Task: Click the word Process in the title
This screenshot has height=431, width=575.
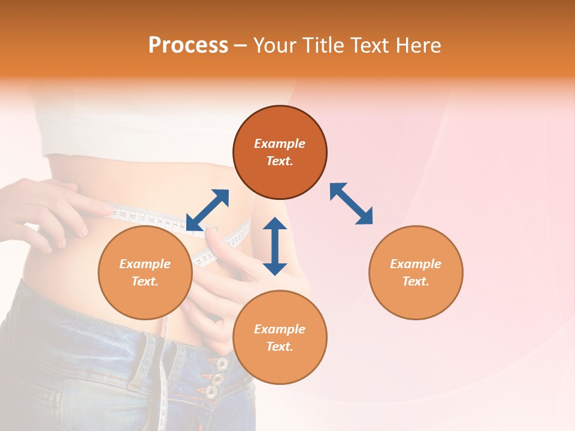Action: coord(188,45)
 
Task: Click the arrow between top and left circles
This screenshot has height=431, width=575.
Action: coord(207,210)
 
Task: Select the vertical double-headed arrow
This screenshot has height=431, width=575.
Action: coord(275,246)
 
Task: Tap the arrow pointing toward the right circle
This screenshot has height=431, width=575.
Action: coord(351,204)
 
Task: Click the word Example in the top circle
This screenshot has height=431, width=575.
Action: coord(280,144)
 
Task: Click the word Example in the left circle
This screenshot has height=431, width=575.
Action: coord(145,264)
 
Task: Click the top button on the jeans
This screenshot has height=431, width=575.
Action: coord(222,363)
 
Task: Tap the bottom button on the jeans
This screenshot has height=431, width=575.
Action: coord(211,392)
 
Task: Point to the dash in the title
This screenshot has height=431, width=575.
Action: coord(241,45)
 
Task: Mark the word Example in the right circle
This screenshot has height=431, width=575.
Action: coord(416,264)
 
